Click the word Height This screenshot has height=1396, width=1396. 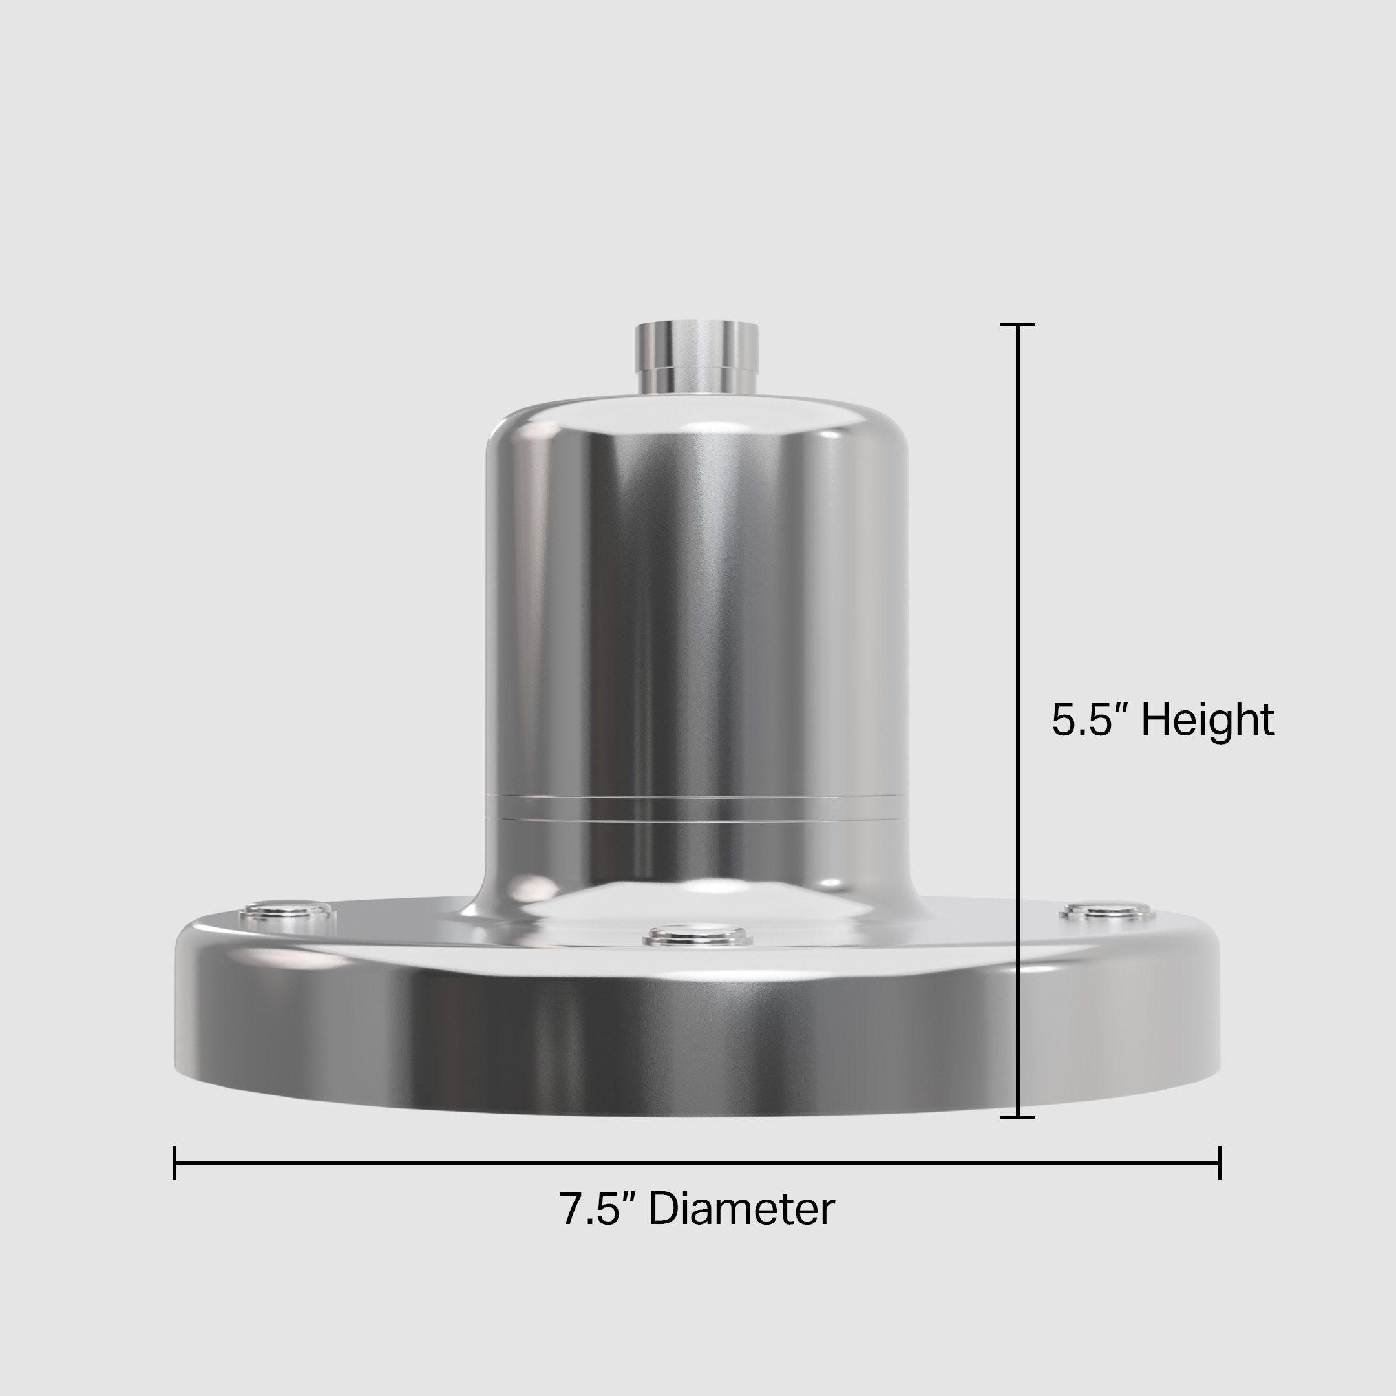[1207, 721]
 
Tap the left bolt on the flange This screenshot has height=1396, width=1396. [288, 911]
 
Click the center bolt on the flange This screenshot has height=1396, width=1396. [698, 936]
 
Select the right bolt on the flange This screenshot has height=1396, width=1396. [1107, 911]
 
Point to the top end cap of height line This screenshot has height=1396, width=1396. [1017, 324]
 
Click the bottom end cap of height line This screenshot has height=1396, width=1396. [1017, 1117]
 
